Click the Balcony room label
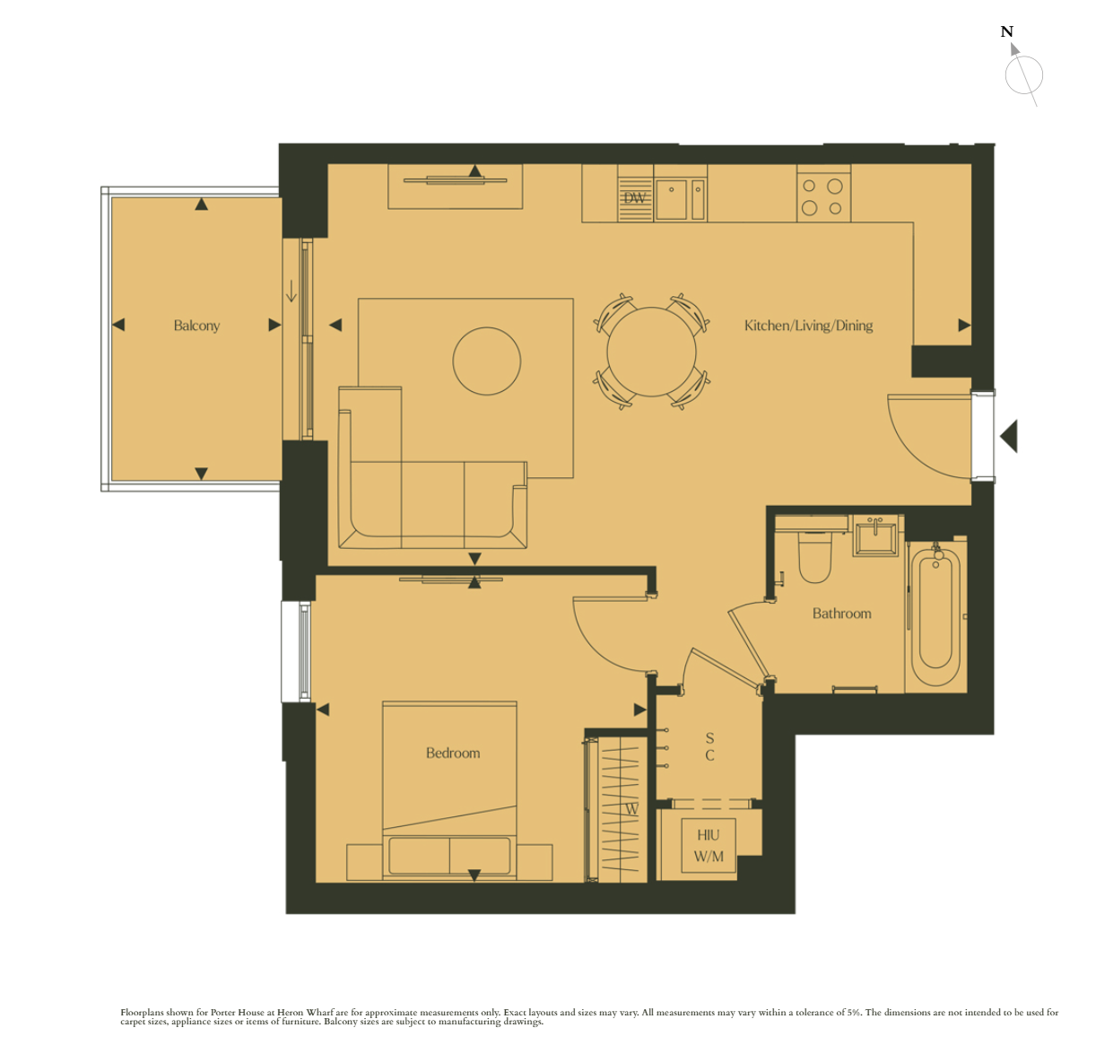196,326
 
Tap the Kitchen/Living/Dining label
808,326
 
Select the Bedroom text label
453,753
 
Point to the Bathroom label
841,614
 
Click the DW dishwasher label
634,198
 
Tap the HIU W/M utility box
709,846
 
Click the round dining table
651,352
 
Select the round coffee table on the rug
487,361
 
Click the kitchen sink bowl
671,199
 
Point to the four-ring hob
823,196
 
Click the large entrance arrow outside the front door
1009,436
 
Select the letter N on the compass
1006,31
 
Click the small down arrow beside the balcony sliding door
291,292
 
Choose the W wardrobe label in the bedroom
632,809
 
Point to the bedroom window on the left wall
296,652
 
